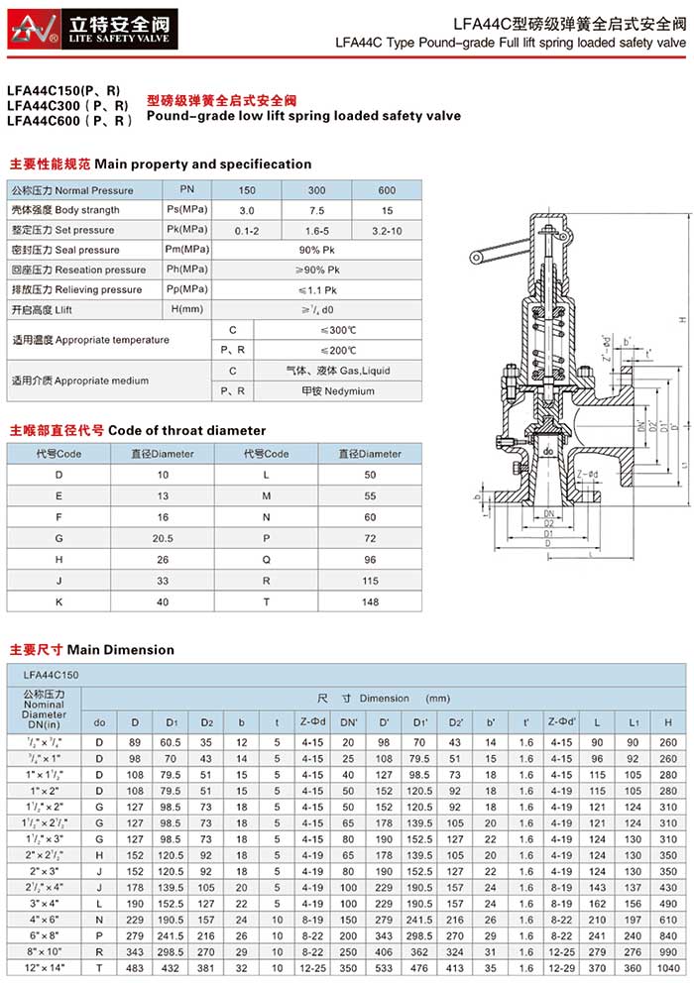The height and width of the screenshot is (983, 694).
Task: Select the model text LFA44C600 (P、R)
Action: pyautogui.click(x=69, y=120)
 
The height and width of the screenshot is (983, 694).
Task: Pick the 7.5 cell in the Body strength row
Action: pyautogui.click(x=317, y=210)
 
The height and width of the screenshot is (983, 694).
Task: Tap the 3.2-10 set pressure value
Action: pyautogui.click(x=387, y=230)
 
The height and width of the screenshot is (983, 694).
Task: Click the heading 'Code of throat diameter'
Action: pyautogui.click(x=186, y=430)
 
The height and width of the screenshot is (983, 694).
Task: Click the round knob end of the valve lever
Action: pyautogui.click(x=477, y=260)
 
